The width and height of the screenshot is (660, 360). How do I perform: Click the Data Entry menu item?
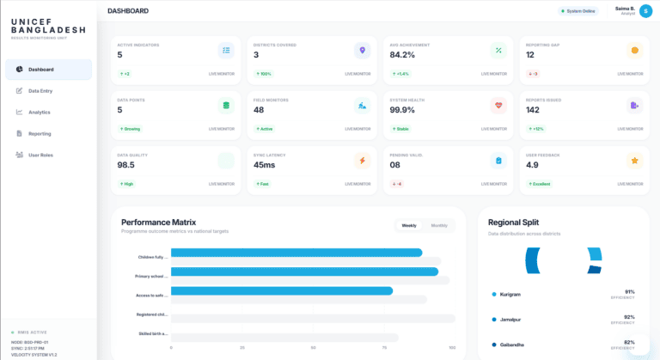coord(40,90)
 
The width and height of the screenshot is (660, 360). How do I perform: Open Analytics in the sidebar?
coord(39,112)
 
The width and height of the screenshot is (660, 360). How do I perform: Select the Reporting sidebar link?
coord(39,133)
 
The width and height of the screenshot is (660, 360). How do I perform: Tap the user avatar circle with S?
coord(645,11)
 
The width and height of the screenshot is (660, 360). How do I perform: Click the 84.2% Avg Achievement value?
coord(402,54)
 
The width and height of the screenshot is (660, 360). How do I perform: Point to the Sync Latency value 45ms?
coord(265,165)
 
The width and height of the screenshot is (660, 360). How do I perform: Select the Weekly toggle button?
coord(409,225)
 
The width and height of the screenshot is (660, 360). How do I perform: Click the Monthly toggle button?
coord(439,225)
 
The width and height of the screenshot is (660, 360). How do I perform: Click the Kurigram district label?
coord(510,294)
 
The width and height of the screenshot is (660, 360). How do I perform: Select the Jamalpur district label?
coord(510,319)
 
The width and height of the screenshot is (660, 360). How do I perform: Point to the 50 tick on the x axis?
coord(313,348)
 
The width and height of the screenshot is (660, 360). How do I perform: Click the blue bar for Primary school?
coord(304,272)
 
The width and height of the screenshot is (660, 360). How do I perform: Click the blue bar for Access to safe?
coord(282,291)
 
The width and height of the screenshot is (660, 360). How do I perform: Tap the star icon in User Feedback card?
coord(634,161)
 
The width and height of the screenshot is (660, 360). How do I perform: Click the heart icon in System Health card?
coord(498,106)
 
